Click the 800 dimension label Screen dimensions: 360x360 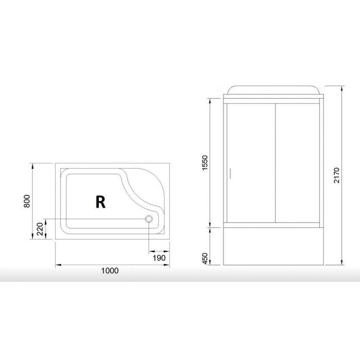pyautogui.click(x=27, y=201)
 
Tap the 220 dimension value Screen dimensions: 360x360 pyautogui.click(x=40, y=229)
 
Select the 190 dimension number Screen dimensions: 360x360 pyautogui.click(x=159, y=258)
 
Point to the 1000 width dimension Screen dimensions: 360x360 pyautogui.click(x=110, y=271)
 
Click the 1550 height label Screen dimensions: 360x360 pyautogui.click(x=204, y=163)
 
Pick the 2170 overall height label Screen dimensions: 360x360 pyautogui.click(x=336, y=175)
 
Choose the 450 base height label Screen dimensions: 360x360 pyautogui.click(x=204, y=259)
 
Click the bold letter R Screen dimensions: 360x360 pyautogui.click(x=101, y=202)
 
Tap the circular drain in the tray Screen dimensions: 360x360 pyautogui.click(x=149, y=219)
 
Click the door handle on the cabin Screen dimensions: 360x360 pyautogui.click(x=230, y=173)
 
